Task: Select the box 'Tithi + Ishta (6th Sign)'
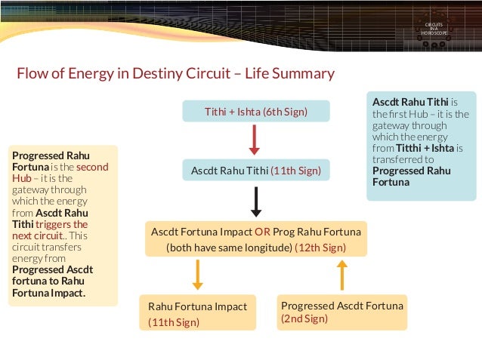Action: tap(256, 112)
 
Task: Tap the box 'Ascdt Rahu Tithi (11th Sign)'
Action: tap(256, 171)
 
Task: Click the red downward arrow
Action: tap(255, 140)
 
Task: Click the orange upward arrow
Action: tap(341, 275)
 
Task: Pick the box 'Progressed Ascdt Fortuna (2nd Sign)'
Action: tap(341, 312)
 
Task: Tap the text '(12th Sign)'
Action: tap(320, 247)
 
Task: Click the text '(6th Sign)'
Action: tap(285, 112)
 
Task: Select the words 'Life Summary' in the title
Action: tap(290, 74)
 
